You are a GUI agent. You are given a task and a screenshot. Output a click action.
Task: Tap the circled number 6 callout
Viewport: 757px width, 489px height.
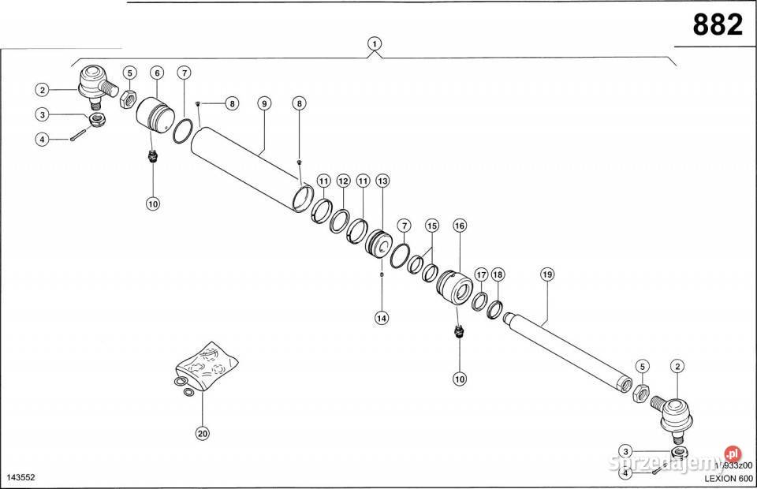click(157, 73)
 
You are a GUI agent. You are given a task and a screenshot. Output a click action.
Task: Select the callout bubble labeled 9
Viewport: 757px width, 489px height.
click(263, 103)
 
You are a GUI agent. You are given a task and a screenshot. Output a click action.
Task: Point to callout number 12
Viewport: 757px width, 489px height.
click(343, 181)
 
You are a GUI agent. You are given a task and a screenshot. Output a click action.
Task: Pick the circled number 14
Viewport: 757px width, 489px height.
click(382, 318)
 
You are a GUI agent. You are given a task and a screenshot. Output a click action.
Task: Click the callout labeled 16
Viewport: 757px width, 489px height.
click(460, 226)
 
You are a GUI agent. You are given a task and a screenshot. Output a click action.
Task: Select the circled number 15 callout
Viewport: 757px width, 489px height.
click(431, 226)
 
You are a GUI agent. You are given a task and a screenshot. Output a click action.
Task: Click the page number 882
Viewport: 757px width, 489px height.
click(717, 25)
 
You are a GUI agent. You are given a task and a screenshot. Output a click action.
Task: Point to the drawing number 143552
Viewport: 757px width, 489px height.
click(22, 478)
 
